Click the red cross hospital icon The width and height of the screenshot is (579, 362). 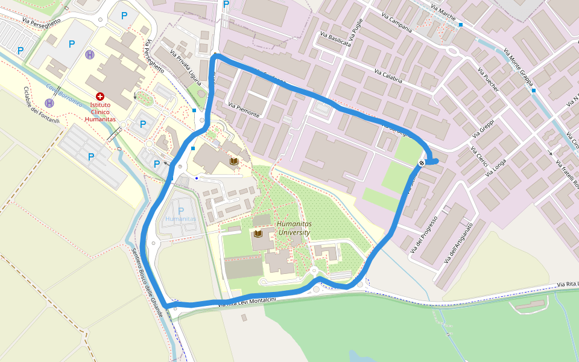pyautogui.click(x=100, y=97)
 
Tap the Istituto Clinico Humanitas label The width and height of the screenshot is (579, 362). pyautogui.click(x=100, y=112)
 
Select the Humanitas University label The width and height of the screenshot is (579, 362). pyautogui.click(x=293, y=227)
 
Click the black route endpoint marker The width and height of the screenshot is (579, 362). pyautogui.click(x=422, y=163)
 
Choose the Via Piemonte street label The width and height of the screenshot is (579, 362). pyautogui.click(x=244, y=110)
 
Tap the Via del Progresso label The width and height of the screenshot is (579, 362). pyautogui.click(x=423, y=235)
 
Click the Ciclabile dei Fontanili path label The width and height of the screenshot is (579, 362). pyautogui.click(x=41, y=106)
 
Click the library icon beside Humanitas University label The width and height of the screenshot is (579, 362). pyautogui.click(x=259, y=233)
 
